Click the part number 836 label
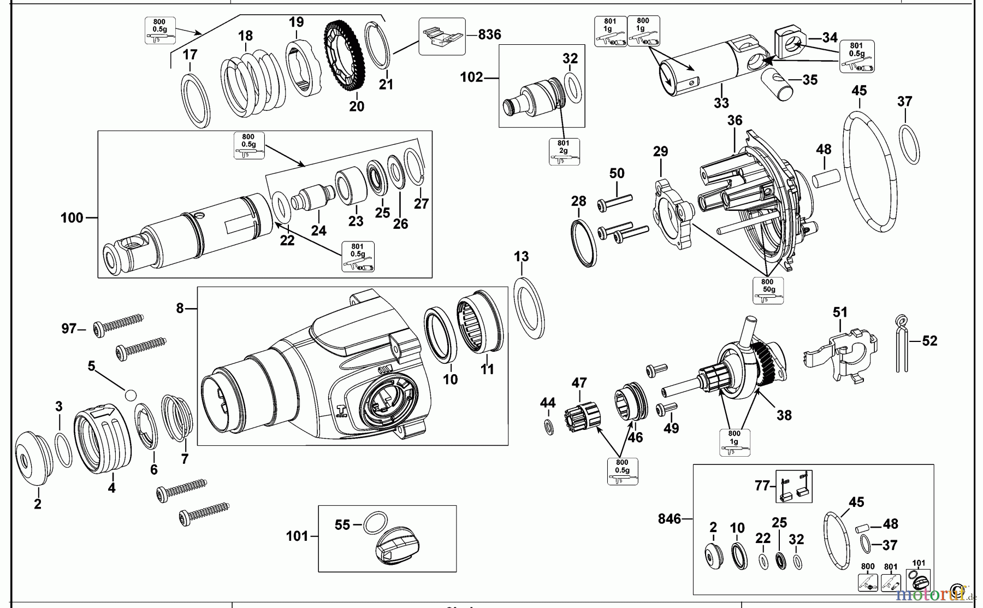pos(489,34)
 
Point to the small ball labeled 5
pos(130,394)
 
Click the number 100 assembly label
pos(72,218)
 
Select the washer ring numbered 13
pos(530,308)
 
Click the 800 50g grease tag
pos(768,290)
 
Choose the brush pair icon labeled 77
pos(793,486)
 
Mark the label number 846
pos(670,518)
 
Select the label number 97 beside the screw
pos(69,329)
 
